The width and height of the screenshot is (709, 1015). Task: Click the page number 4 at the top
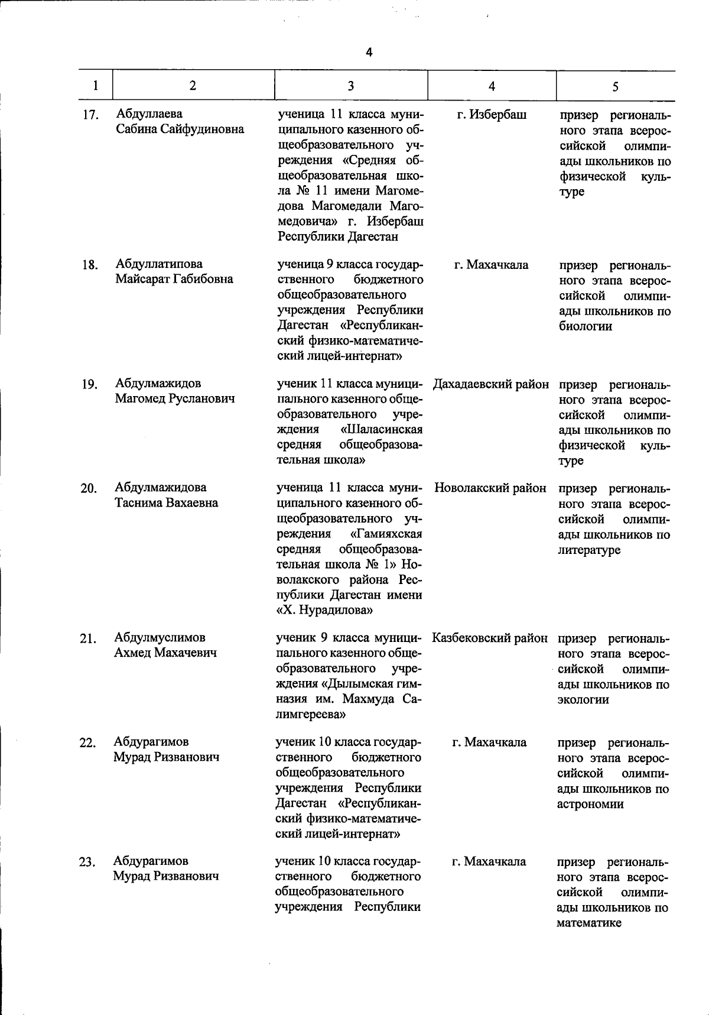tap(369, 52)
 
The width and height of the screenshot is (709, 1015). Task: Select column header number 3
tap(350, 86)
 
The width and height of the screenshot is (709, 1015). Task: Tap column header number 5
tap(615, 87)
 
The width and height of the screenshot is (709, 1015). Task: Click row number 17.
tap(90, 115)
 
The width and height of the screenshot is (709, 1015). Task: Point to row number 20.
tap(89, 489)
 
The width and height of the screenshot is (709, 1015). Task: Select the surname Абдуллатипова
tap(159, 264)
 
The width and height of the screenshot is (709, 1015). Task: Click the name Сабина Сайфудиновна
tap(180, 129)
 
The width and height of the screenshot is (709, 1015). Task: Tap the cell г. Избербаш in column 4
tap(492, 115)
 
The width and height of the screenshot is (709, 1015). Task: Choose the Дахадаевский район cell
tap(490, 384)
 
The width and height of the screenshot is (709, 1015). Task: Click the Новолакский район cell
tap(490, 488)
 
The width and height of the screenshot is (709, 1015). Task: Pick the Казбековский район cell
tap(490, 638)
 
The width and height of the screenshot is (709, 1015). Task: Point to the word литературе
tap(589, 550)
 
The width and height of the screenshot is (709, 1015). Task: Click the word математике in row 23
tap(588, 923)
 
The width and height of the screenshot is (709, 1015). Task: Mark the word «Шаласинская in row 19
tap(382, 429)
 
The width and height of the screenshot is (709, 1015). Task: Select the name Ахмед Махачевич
tap(165, 653)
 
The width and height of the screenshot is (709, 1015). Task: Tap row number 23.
tap(87, 862)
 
